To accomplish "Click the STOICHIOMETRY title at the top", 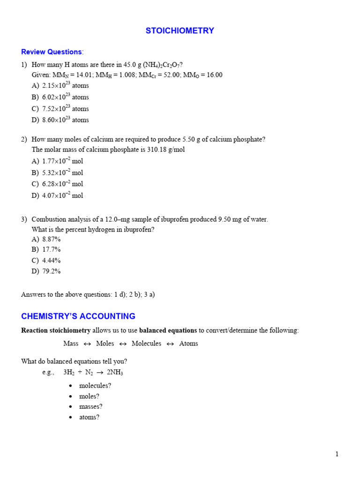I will tap(180, 31).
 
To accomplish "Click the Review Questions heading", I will tap(52, 52).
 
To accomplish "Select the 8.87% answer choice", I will tap(51, 239).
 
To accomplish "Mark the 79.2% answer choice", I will tap(51, 271).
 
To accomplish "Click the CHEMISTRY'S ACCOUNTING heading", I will tap(78, 316).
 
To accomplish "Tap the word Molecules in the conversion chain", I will tap(146, 344).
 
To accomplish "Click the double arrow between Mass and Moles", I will tap(87, 344).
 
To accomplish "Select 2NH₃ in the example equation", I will tap(115, 373).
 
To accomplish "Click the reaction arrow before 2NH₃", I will tap(100, 373).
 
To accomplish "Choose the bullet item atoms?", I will tap(89, 417).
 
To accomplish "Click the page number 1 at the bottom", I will tap(337, 454).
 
